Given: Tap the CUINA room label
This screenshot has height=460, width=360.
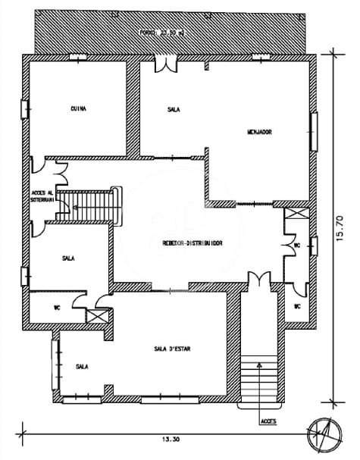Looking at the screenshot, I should tap(77, 108).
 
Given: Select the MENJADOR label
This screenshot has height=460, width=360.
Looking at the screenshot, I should tap(259, 132).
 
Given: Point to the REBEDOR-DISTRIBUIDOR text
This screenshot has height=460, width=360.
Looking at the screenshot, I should tap(191, 243).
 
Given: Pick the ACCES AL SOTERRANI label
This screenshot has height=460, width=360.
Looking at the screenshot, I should tap(42, 196).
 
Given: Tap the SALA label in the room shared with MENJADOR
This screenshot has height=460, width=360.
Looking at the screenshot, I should tap(174, 109).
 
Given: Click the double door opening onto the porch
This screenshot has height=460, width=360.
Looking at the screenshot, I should tap(162, 65).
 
